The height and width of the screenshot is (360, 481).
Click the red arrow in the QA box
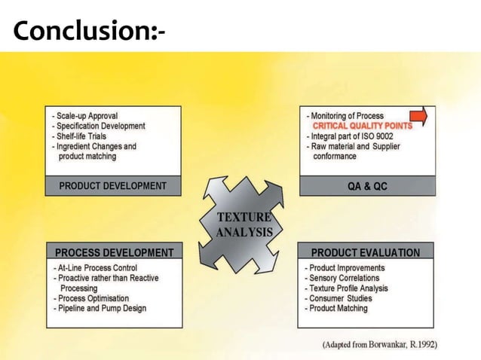click(x=419, y=116)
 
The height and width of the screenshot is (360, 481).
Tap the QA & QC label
click(x=367, y=186)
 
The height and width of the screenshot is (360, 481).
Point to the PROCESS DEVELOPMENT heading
click(x=114, y=252)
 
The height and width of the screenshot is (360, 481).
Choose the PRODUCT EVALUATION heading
click(x=366, y=252)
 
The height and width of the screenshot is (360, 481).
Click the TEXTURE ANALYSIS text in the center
click(x=244, y=225)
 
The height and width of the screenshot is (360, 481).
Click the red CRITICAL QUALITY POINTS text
click(x=362, y=126)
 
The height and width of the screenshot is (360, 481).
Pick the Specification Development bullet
click(x=99, y=127)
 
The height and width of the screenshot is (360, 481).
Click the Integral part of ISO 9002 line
click(x=352, y=136)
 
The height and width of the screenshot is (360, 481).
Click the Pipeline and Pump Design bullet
click(x=100, y=308)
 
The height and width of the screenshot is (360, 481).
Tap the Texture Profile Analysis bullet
click(x=347, y=288)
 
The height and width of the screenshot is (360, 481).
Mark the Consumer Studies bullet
click(x=340, y=298)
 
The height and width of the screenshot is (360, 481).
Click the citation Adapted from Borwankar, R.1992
click(x=380, y=344)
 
